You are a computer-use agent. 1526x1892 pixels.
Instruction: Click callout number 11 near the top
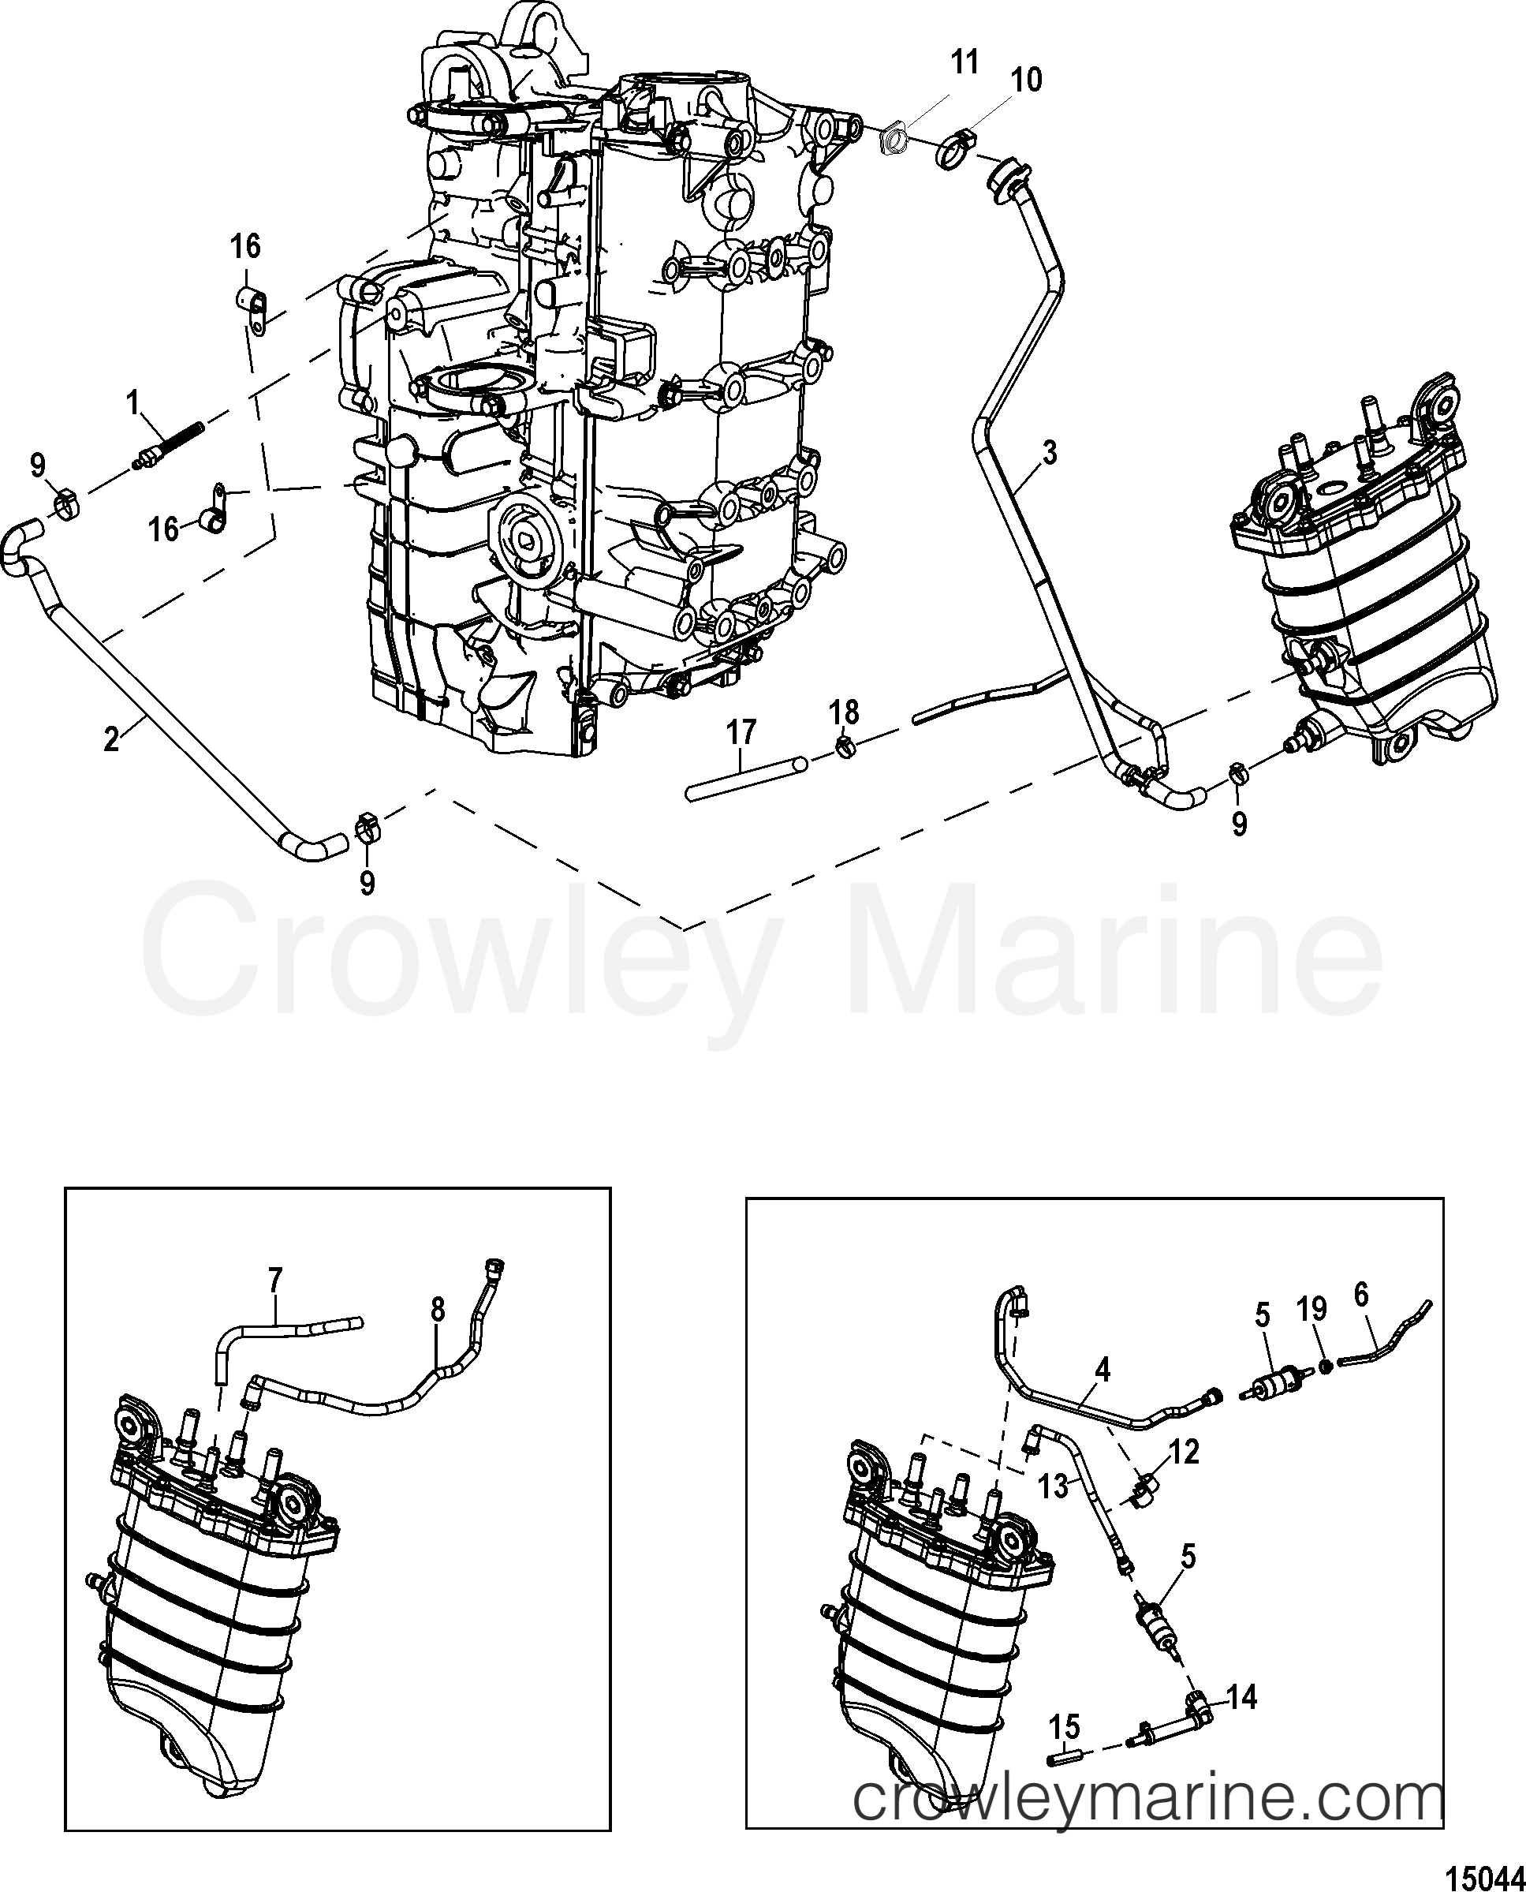pos(964,64)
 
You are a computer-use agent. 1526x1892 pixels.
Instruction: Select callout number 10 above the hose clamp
pos(1026,80)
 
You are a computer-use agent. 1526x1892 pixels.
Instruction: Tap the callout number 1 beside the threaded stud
pos(132,403)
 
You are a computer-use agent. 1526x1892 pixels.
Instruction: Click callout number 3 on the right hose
pos(1049,453)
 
